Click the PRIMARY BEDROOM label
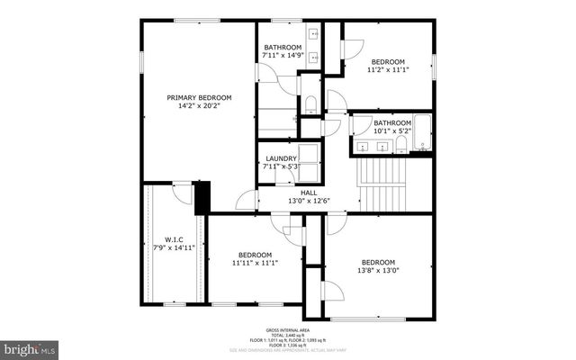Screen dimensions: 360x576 (x=199, y=97)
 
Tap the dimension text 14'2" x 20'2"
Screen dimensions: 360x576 (x=199, y=106)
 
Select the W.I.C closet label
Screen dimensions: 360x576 (x=173, y=239)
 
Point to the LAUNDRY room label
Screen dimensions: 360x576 (x=281, y=158)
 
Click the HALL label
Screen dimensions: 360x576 (x=308, y=192)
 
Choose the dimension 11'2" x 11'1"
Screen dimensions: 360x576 (x=389, y=69)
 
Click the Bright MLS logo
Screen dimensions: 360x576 (x=30, y=347)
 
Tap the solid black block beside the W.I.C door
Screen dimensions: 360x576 (x=202, y=197)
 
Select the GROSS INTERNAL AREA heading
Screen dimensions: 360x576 (x=288, y=330)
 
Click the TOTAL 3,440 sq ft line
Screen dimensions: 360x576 (x=288, y=336)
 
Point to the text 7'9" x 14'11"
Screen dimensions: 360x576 (x=173, y=247)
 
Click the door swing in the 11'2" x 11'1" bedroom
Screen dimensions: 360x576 (x=351, y=46)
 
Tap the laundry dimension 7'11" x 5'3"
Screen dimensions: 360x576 (x=281, y=166)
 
